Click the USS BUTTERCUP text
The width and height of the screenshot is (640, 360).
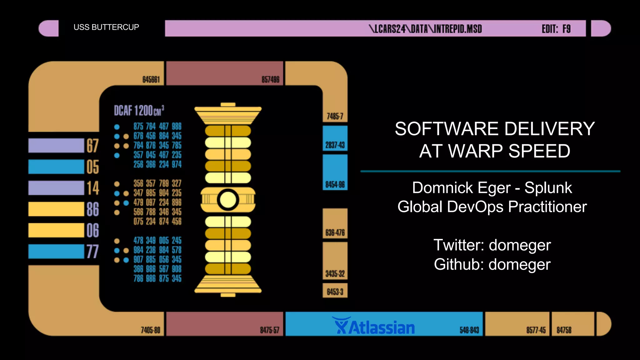point(106,27)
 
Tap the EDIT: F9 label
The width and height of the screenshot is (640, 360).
point(556,29)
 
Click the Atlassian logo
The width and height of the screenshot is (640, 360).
point(374,326)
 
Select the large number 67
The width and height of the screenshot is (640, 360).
point(92,146)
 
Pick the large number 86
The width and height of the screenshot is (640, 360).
point(92,209)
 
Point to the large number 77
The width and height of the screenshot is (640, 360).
point(92,252)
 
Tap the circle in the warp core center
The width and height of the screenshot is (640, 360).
point(228,200)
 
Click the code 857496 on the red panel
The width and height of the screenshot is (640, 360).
point(270,80)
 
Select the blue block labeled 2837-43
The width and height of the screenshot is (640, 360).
point(335,138)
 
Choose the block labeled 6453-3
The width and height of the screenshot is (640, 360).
point(335,291)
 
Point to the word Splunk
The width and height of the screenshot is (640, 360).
point(548,188)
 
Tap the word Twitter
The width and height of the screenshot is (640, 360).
point(459,245)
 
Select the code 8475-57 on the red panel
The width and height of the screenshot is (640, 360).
point(269,330)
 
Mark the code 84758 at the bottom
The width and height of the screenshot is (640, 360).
point(564,330)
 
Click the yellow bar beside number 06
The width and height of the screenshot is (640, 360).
point(56,230)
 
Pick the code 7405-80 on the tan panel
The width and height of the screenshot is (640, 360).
point(150,330)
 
